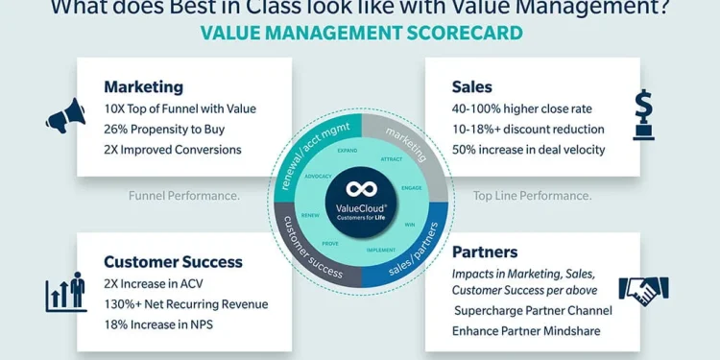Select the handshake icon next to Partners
[643, 289]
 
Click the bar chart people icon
[66, 292]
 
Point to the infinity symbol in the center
[361, 187]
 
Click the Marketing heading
[143, 86]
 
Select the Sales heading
[472, 86]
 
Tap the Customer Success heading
[173, 261]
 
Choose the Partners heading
[485, 252]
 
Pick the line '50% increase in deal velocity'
[528, 149]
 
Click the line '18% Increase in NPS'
[158, 324]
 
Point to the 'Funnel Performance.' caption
[184, 196]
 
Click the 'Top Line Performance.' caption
[531, 196]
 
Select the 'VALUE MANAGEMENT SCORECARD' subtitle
[361, 34]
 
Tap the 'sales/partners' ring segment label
[414, 252]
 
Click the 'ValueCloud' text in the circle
[361, 207]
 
